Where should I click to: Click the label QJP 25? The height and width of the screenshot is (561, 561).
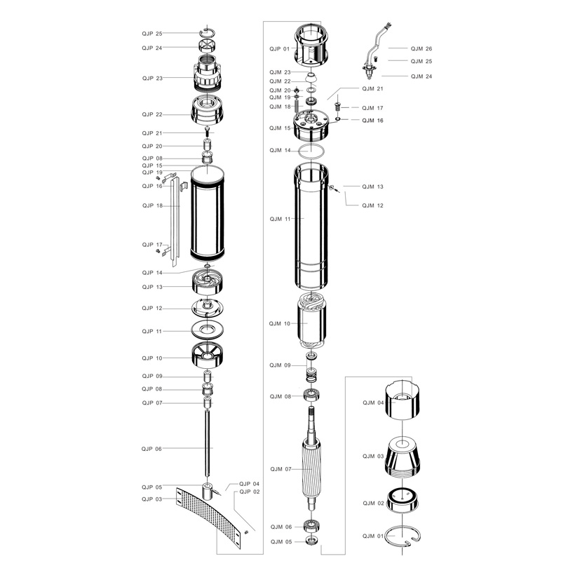click(x=152, y=34)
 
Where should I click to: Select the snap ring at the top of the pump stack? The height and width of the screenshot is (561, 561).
click(x=207, y=32)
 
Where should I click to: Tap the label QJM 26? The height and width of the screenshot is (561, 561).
click(x=421, y=48)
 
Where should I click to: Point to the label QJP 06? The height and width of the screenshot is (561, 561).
click(x=151, y=449)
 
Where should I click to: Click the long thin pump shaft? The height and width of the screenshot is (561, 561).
click(x=208, y=443)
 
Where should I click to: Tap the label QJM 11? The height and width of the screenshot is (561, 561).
click(x=280, y=219)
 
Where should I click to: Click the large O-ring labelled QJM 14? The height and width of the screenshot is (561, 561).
click(x=312, y=151)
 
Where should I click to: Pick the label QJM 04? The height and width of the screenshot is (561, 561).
click(x=373, y=403)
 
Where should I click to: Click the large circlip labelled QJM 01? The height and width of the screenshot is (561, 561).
click(x=403, y=536)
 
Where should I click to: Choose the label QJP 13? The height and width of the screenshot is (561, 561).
click(x=152, y=287)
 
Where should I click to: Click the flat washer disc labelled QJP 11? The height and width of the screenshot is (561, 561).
click(x=208, y=330)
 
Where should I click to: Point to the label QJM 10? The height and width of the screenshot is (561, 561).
click(x=280, y=324)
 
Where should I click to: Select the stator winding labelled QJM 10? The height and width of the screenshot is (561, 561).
click(x=311, y=320)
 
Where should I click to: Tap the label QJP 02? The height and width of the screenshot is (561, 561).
click(x=250, y=492)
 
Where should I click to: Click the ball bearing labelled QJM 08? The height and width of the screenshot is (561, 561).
click(x=311, y=395)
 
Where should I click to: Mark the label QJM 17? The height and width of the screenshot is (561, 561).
click(x=372, y=108)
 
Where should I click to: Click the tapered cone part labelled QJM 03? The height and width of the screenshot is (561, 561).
click(x=403, y=458)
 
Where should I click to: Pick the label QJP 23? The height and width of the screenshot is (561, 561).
click(x=152, y=79)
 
